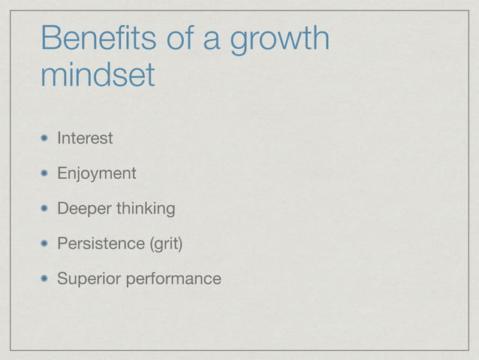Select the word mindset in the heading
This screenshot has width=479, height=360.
click(98, 74)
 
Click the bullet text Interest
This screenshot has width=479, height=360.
click(85, 138)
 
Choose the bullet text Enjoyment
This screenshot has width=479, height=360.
click(97, 174)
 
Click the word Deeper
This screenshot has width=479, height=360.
click(83, 209)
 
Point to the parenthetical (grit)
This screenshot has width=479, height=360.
click(164, 244)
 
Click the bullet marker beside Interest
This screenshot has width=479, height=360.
click(46, 138)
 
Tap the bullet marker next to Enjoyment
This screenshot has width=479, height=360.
click(46, 174)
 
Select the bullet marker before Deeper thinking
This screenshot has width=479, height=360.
click(46, 208)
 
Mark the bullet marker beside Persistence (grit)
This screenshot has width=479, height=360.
click(46, 244)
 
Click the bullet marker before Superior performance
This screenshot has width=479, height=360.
click(46, 279)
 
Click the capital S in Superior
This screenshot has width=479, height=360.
click(63, 279)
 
